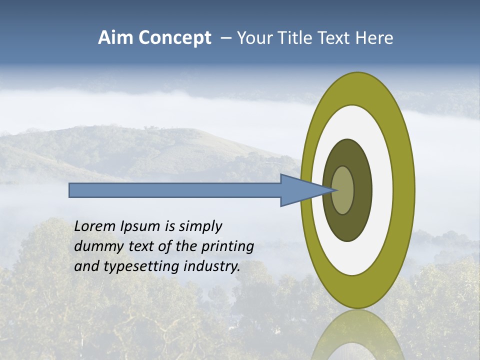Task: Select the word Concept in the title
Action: point(175,38)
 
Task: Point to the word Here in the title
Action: point(375,38)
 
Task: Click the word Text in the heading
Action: point(336,38)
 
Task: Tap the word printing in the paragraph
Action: point(227,246)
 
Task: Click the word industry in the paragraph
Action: point(212,266)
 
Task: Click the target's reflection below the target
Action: point(357,335)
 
